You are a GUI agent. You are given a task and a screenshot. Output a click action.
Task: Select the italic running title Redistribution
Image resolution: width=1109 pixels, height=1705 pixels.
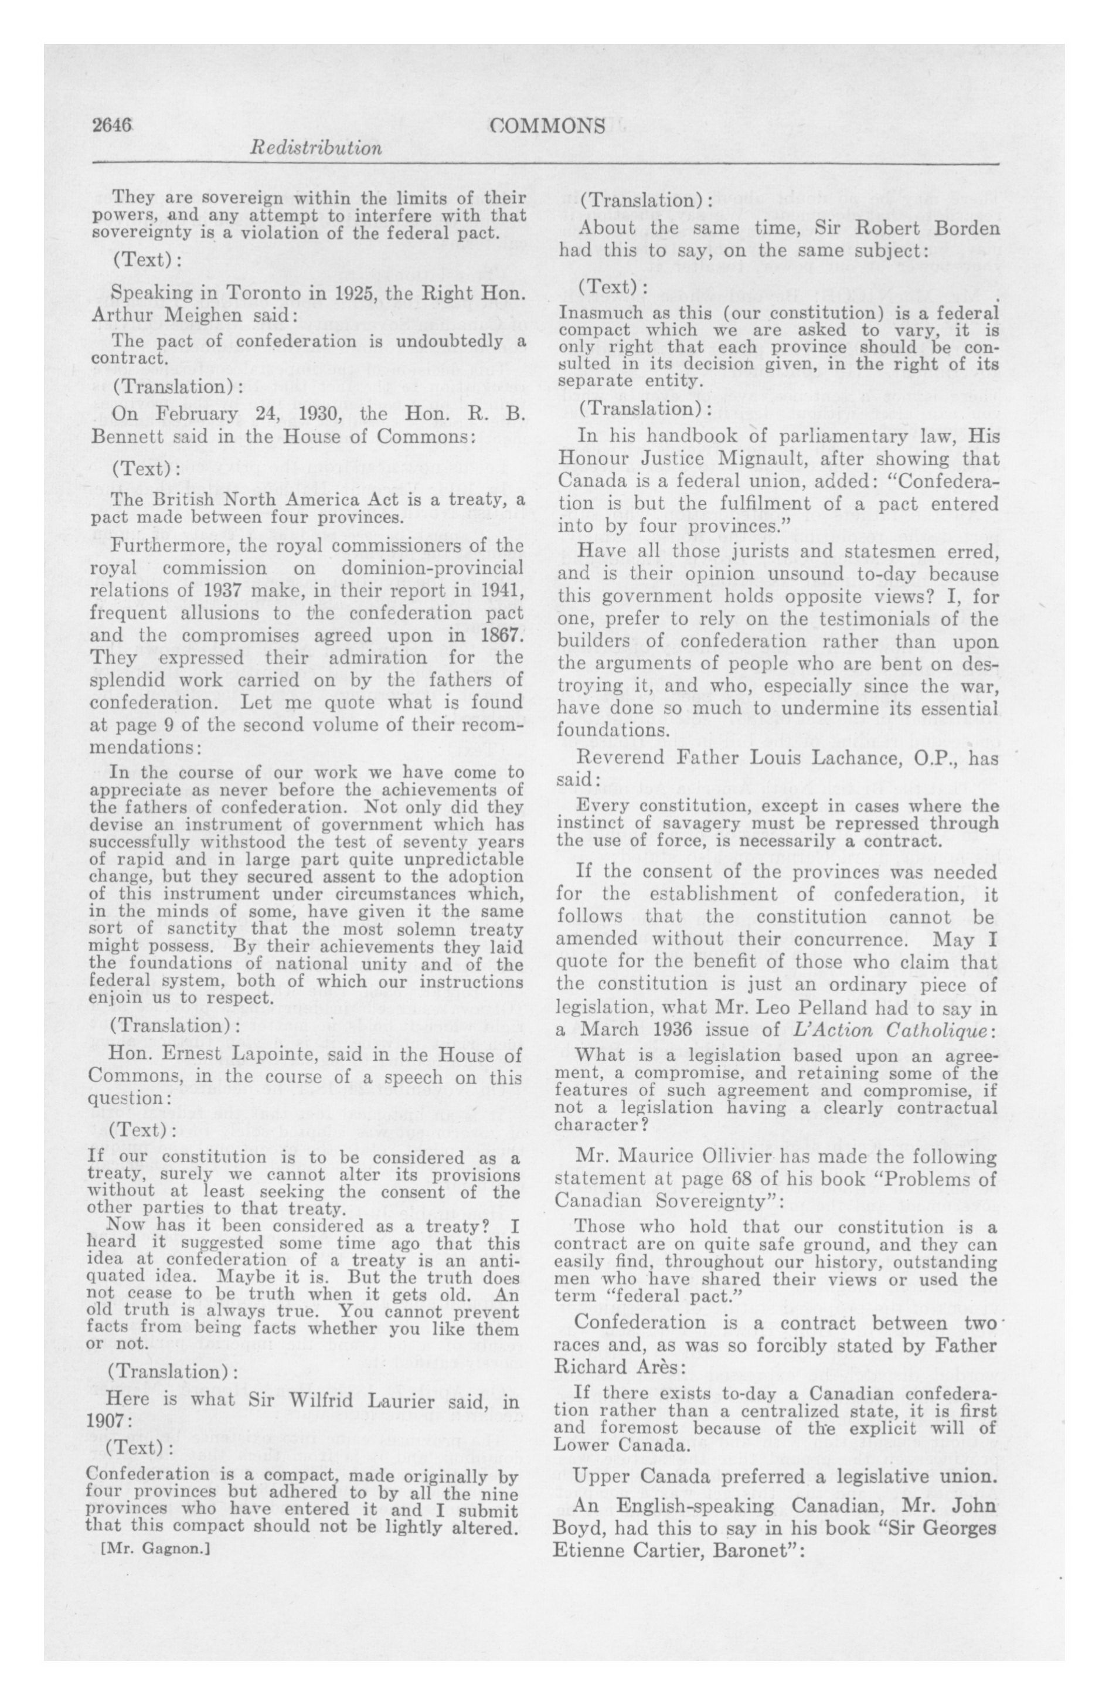click(315, 148)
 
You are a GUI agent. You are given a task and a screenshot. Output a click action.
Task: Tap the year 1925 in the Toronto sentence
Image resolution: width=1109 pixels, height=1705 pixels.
click(332, 293)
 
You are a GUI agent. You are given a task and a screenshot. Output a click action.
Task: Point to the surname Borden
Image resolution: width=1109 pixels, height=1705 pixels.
click(954, 229)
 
